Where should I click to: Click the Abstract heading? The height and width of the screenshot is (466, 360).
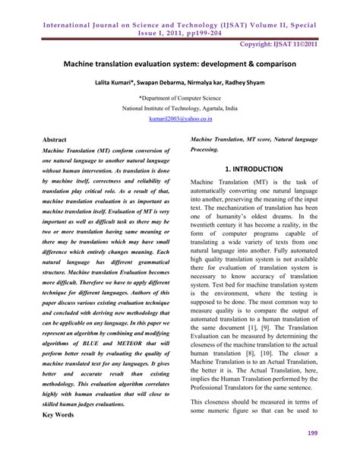click(57, 141)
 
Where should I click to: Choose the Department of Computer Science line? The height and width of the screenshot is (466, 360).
click(179, 99)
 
